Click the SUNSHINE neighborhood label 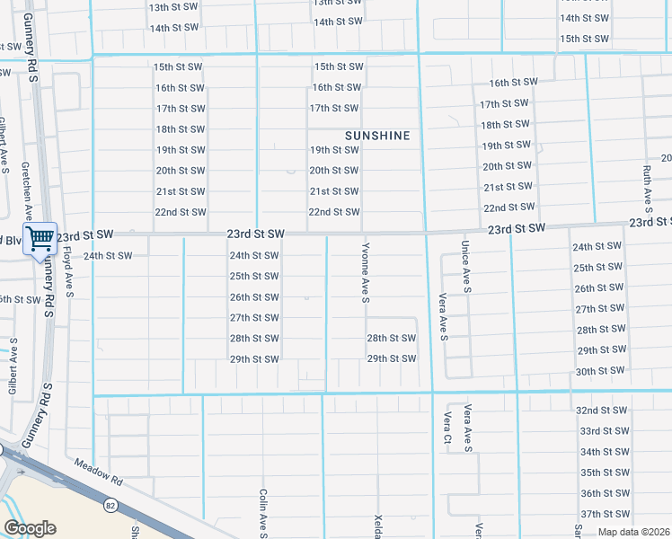point(377,136)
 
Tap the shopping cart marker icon point(40,239)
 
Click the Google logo point(30,528)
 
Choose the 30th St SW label point(600,371)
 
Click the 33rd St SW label point(603,430)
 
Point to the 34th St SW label point(603,452)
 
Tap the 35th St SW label point(603,473)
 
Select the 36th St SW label point(603,493)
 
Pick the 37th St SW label point(603,514)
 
